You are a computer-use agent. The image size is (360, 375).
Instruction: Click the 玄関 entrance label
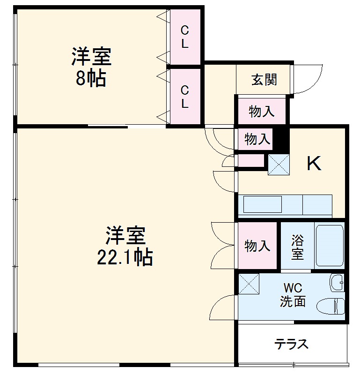[x=264, y=80]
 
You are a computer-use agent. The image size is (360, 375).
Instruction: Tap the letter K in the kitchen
[x=314, y=164]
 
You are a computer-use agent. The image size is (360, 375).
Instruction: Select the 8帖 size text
[x=91, y=79]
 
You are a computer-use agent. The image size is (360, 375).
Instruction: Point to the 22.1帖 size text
[x=125, y=257]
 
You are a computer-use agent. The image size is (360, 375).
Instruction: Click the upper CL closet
[x=185, y=37]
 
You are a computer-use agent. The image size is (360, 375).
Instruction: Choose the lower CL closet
[x=185, y=97]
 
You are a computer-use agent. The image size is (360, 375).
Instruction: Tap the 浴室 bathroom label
[x=297, y=247]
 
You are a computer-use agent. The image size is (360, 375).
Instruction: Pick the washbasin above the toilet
[x=337, y=282]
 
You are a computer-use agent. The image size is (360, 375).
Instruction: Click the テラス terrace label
[x=291, y=345]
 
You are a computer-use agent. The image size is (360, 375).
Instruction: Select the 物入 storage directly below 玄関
[x=261, y=112]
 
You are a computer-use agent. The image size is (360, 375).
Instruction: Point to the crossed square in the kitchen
[x=278, y=164]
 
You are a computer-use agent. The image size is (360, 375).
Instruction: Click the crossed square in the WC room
[x=249, y=284]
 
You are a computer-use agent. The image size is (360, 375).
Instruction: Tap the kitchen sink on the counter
[x=263, y=205]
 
